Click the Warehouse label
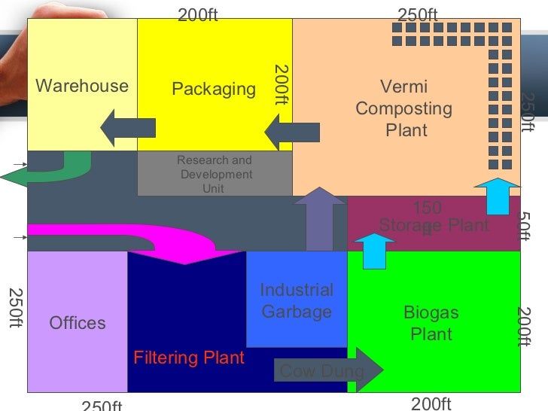point(81,86)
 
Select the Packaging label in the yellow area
point(214,90)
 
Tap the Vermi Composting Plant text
point(405,108)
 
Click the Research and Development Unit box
point(215,175)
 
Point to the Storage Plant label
point(434,224)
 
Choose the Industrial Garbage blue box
point(297,300)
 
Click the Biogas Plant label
point(431,323)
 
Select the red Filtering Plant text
point(189,358)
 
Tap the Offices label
point(78,323)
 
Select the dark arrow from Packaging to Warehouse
point(128,128)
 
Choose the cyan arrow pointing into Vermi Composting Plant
point(497,195)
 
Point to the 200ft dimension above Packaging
point(198,15)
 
